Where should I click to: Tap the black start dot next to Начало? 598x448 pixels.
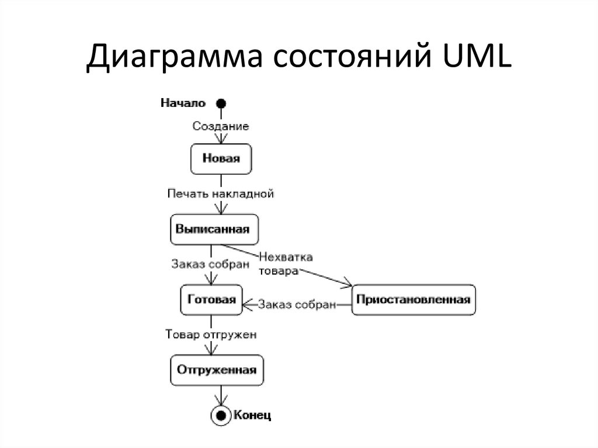point(220,103)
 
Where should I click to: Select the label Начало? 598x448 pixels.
point(183,103)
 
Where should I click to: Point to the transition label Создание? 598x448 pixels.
point(221,126)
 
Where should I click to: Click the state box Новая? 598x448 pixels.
point(221,158)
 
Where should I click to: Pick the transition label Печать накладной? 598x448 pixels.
point(220,193)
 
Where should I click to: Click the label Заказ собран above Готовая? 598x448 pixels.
point(210,263)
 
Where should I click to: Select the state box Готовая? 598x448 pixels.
point(211,300)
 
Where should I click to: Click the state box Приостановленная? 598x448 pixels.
point(413,300)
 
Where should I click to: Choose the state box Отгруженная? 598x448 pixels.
point(217,370)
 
